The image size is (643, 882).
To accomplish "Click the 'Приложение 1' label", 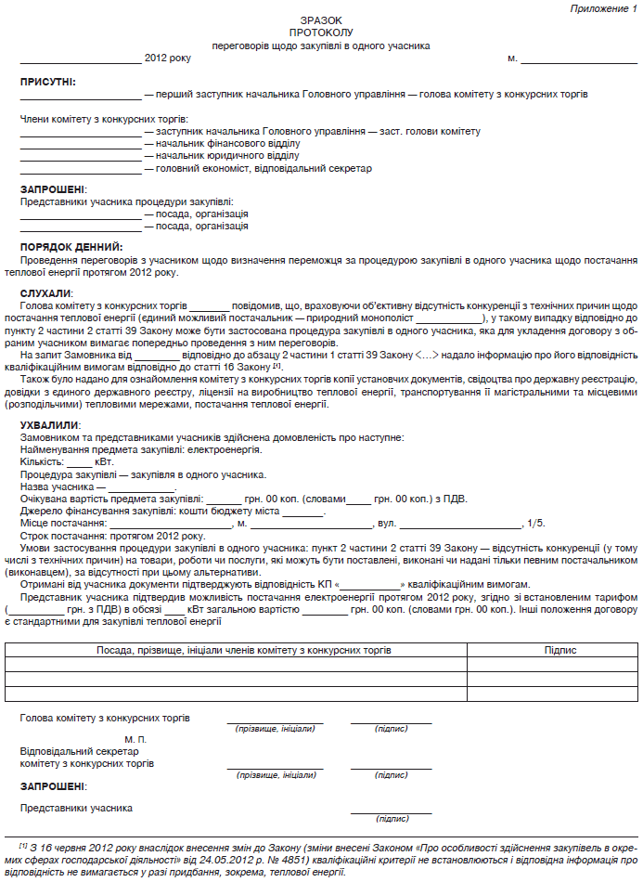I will [x=601, y=7].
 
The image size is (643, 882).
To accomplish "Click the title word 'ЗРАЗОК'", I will [x=321, y=19].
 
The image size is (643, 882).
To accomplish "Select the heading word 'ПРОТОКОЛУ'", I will [x=321, y=32].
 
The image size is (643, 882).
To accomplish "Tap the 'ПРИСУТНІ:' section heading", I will [x=48, y=83].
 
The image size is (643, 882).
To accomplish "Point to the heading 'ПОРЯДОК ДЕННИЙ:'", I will [x=71, y=247].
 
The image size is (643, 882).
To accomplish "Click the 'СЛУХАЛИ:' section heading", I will [x=46, y=293].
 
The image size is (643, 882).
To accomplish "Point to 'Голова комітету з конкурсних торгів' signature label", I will [x=105, y=719].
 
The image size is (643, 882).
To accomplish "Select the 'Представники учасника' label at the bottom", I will [x=76, y=808].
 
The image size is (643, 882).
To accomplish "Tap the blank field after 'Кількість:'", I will [x=80, y=461].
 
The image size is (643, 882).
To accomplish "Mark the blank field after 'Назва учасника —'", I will [x=142, y=486].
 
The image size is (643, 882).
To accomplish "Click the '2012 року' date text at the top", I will [x=168, y=58].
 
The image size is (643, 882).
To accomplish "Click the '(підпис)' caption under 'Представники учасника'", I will [x=391, y=819].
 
